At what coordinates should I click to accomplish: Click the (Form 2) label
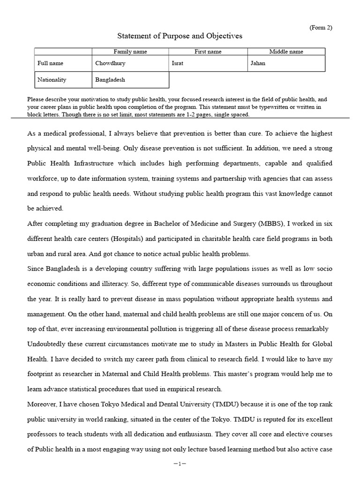321,28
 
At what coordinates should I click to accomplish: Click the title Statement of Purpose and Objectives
180,36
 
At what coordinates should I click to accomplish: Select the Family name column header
130,52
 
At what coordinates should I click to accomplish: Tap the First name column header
208,52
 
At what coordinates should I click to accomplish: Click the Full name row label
51,63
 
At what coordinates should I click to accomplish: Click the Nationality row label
52,80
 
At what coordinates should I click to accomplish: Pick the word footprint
41,374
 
